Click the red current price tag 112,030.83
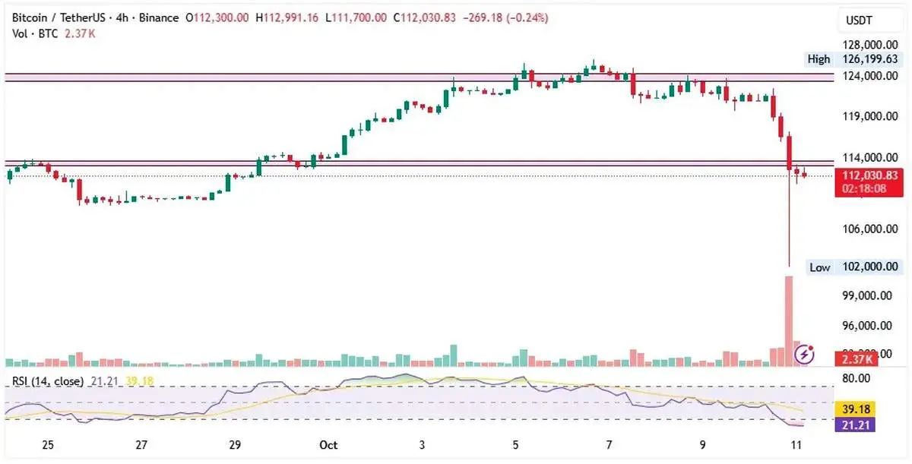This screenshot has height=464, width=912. click(x=866, y=175)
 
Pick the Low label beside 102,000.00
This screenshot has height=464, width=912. click(x=819, y=267)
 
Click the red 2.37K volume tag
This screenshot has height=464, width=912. click(x=856, y=358)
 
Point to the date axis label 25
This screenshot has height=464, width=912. click(x=48, y=444)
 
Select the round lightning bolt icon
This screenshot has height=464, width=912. click(x=806, y=353)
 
